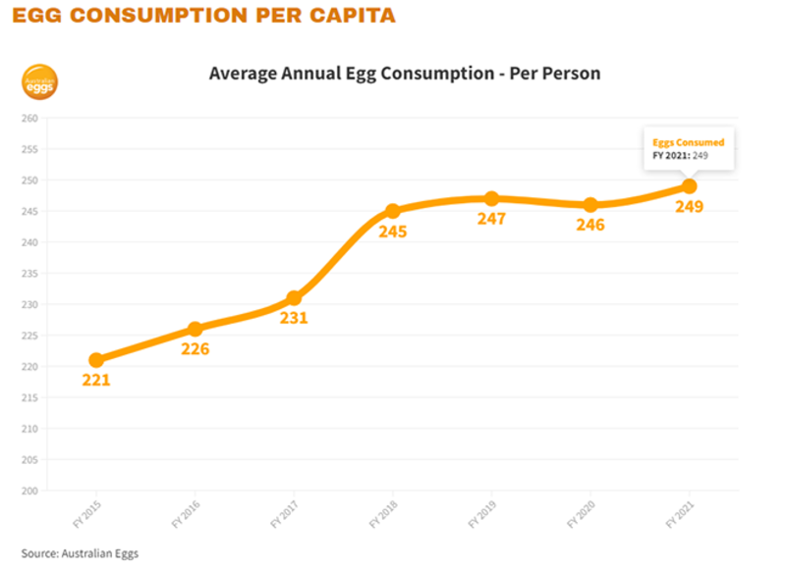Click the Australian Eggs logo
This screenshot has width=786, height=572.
click(39, 82)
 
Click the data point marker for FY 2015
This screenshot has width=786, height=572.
click(95, 360)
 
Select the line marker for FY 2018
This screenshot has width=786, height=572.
click(393, 211)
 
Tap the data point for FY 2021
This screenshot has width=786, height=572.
click(690, 186)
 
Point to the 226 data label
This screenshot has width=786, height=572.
click(195, 349)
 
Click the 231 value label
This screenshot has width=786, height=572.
click(294, 318)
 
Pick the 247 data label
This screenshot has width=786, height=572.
click(491, 219)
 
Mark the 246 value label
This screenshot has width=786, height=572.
click(590, 225)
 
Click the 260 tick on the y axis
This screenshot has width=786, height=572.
click(29, 119)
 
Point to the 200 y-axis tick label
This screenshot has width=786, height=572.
click(29, 491)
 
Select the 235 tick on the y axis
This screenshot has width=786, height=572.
click(29, 274)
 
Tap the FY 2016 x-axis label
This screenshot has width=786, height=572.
click(186, 514)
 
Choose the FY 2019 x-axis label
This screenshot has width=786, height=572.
click(482, 514)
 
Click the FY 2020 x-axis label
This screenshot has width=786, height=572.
click(581, 514)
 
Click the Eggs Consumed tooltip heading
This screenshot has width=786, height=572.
click(689, 142)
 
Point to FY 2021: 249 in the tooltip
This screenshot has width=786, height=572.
click(680, 156)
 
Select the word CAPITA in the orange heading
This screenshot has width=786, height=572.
click(353, 15)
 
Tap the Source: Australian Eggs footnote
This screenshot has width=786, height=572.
click(80, 553)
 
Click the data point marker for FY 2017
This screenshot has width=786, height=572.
click(294, 298)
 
